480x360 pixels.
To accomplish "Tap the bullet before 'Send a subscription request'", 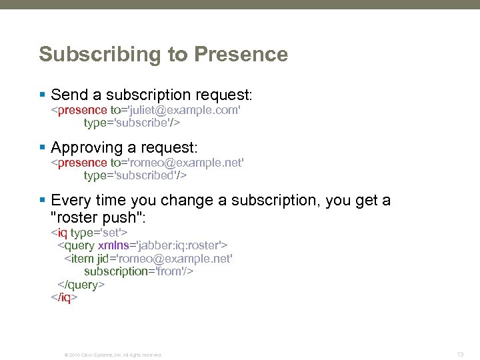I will (x=42, y=95).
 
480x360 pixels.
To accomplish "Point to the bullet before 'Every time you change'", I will (x=42, y=201).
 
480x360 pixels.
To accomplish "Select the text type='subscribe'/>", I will (x=132, y=123).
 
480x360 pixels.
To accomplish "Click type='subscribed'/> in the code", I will (x=135, y=175).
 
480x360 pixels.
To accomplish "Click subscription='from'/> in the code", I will (x=139, y=271).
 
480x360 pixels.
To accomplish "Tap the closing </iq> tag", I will (x=65, y=297).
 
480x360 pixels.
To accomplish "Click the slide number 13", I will (x=460, y=354).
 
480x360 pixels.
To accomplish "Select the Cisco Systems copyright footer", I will (x=113, y=355).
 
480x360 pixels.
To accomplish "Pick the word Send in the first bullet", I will (x=69, y=95).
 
